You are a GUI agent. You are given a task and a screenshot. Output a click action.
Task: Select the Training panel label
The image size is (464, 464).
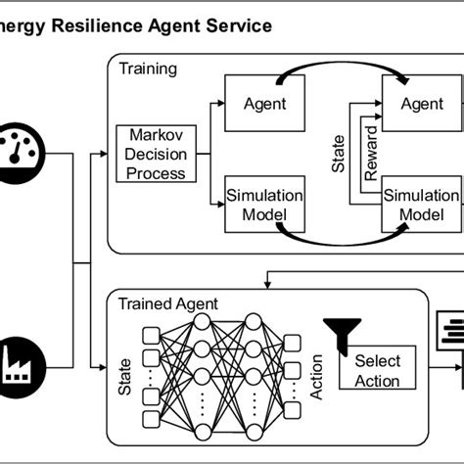148,69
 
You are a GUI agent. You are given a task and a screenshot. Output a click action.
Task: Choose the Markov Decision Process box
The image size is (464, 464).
151,153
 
